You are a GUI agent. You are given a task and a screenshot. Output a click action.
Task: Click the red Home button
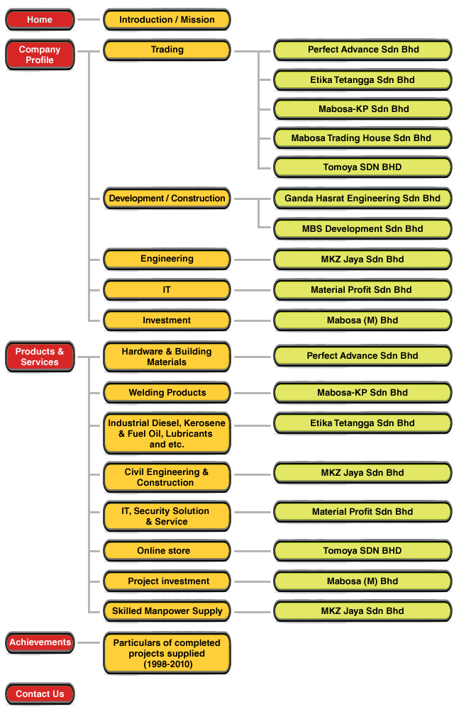coord(40,20)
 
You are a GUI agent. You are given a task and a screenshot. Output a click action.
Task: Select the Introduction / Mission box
coord(167,20)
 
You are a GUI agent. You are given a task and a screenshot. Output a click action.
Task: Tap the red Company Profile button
coord(40,55)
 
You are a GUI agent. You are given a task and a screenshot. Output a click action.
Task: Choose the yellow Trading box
coord(167,50)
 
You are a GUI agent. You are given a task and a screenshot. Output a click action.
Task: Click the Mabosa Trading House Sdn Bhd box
coord(362,138)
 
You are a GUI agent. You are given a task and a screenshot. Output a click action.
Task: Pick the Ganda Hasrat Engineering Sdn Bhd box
coord(362,199)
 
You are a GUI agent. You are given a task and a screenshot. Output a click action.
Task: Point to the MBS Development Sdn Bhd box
coord(362,229)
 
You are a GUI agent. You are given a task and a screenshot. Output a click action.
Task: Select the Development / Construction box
coord(167,199)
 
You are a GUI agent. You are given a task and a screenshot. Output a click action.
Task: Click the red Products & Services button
coord(40,357)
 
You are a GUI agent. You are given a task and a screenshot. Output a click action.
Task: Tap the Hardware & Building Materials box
coord(167,357)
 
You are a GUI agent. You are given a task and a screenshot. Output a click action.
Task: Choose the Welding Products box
coord(167,393)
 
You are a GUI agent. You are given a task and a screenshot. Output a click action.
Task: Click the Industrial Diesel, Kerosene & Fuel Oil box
coord(167,434)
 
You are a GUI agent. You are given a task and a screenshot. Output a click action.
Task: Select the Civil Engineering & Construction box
coord(167,477)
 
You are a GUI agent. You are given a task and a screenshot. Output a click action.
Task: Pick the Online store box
coord(167,551)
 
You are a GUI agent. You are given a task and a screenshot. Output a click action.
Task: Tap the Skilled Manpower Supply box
coord(167,611)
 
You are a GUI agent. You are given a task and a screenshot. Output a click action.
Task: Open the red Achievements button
coord(40,642)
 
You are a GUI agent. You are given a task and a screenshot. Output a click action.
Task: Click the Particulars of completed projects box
coord(167,654)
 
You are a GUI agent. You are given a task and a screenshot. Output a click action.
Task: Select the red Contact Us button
coord(40,694)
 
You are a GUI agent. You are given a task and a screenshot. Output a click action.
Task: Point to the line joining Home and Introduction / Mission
coord(89,20)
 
